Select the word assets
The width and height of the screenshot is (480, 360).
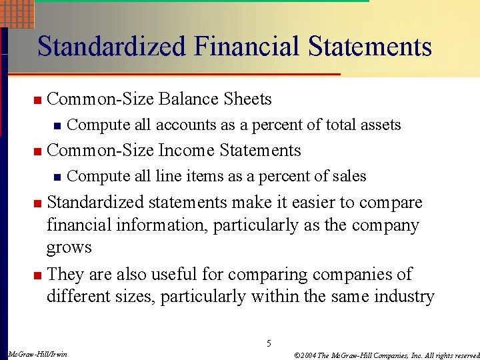click(x=381, y=125)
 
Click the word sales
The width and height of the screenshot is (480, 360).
click(x=348, y=176)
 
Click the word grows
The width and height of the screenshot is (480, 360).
click(x=69, y=247)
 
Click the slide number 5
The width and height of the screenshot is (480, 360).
click(x=269, y=344)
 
